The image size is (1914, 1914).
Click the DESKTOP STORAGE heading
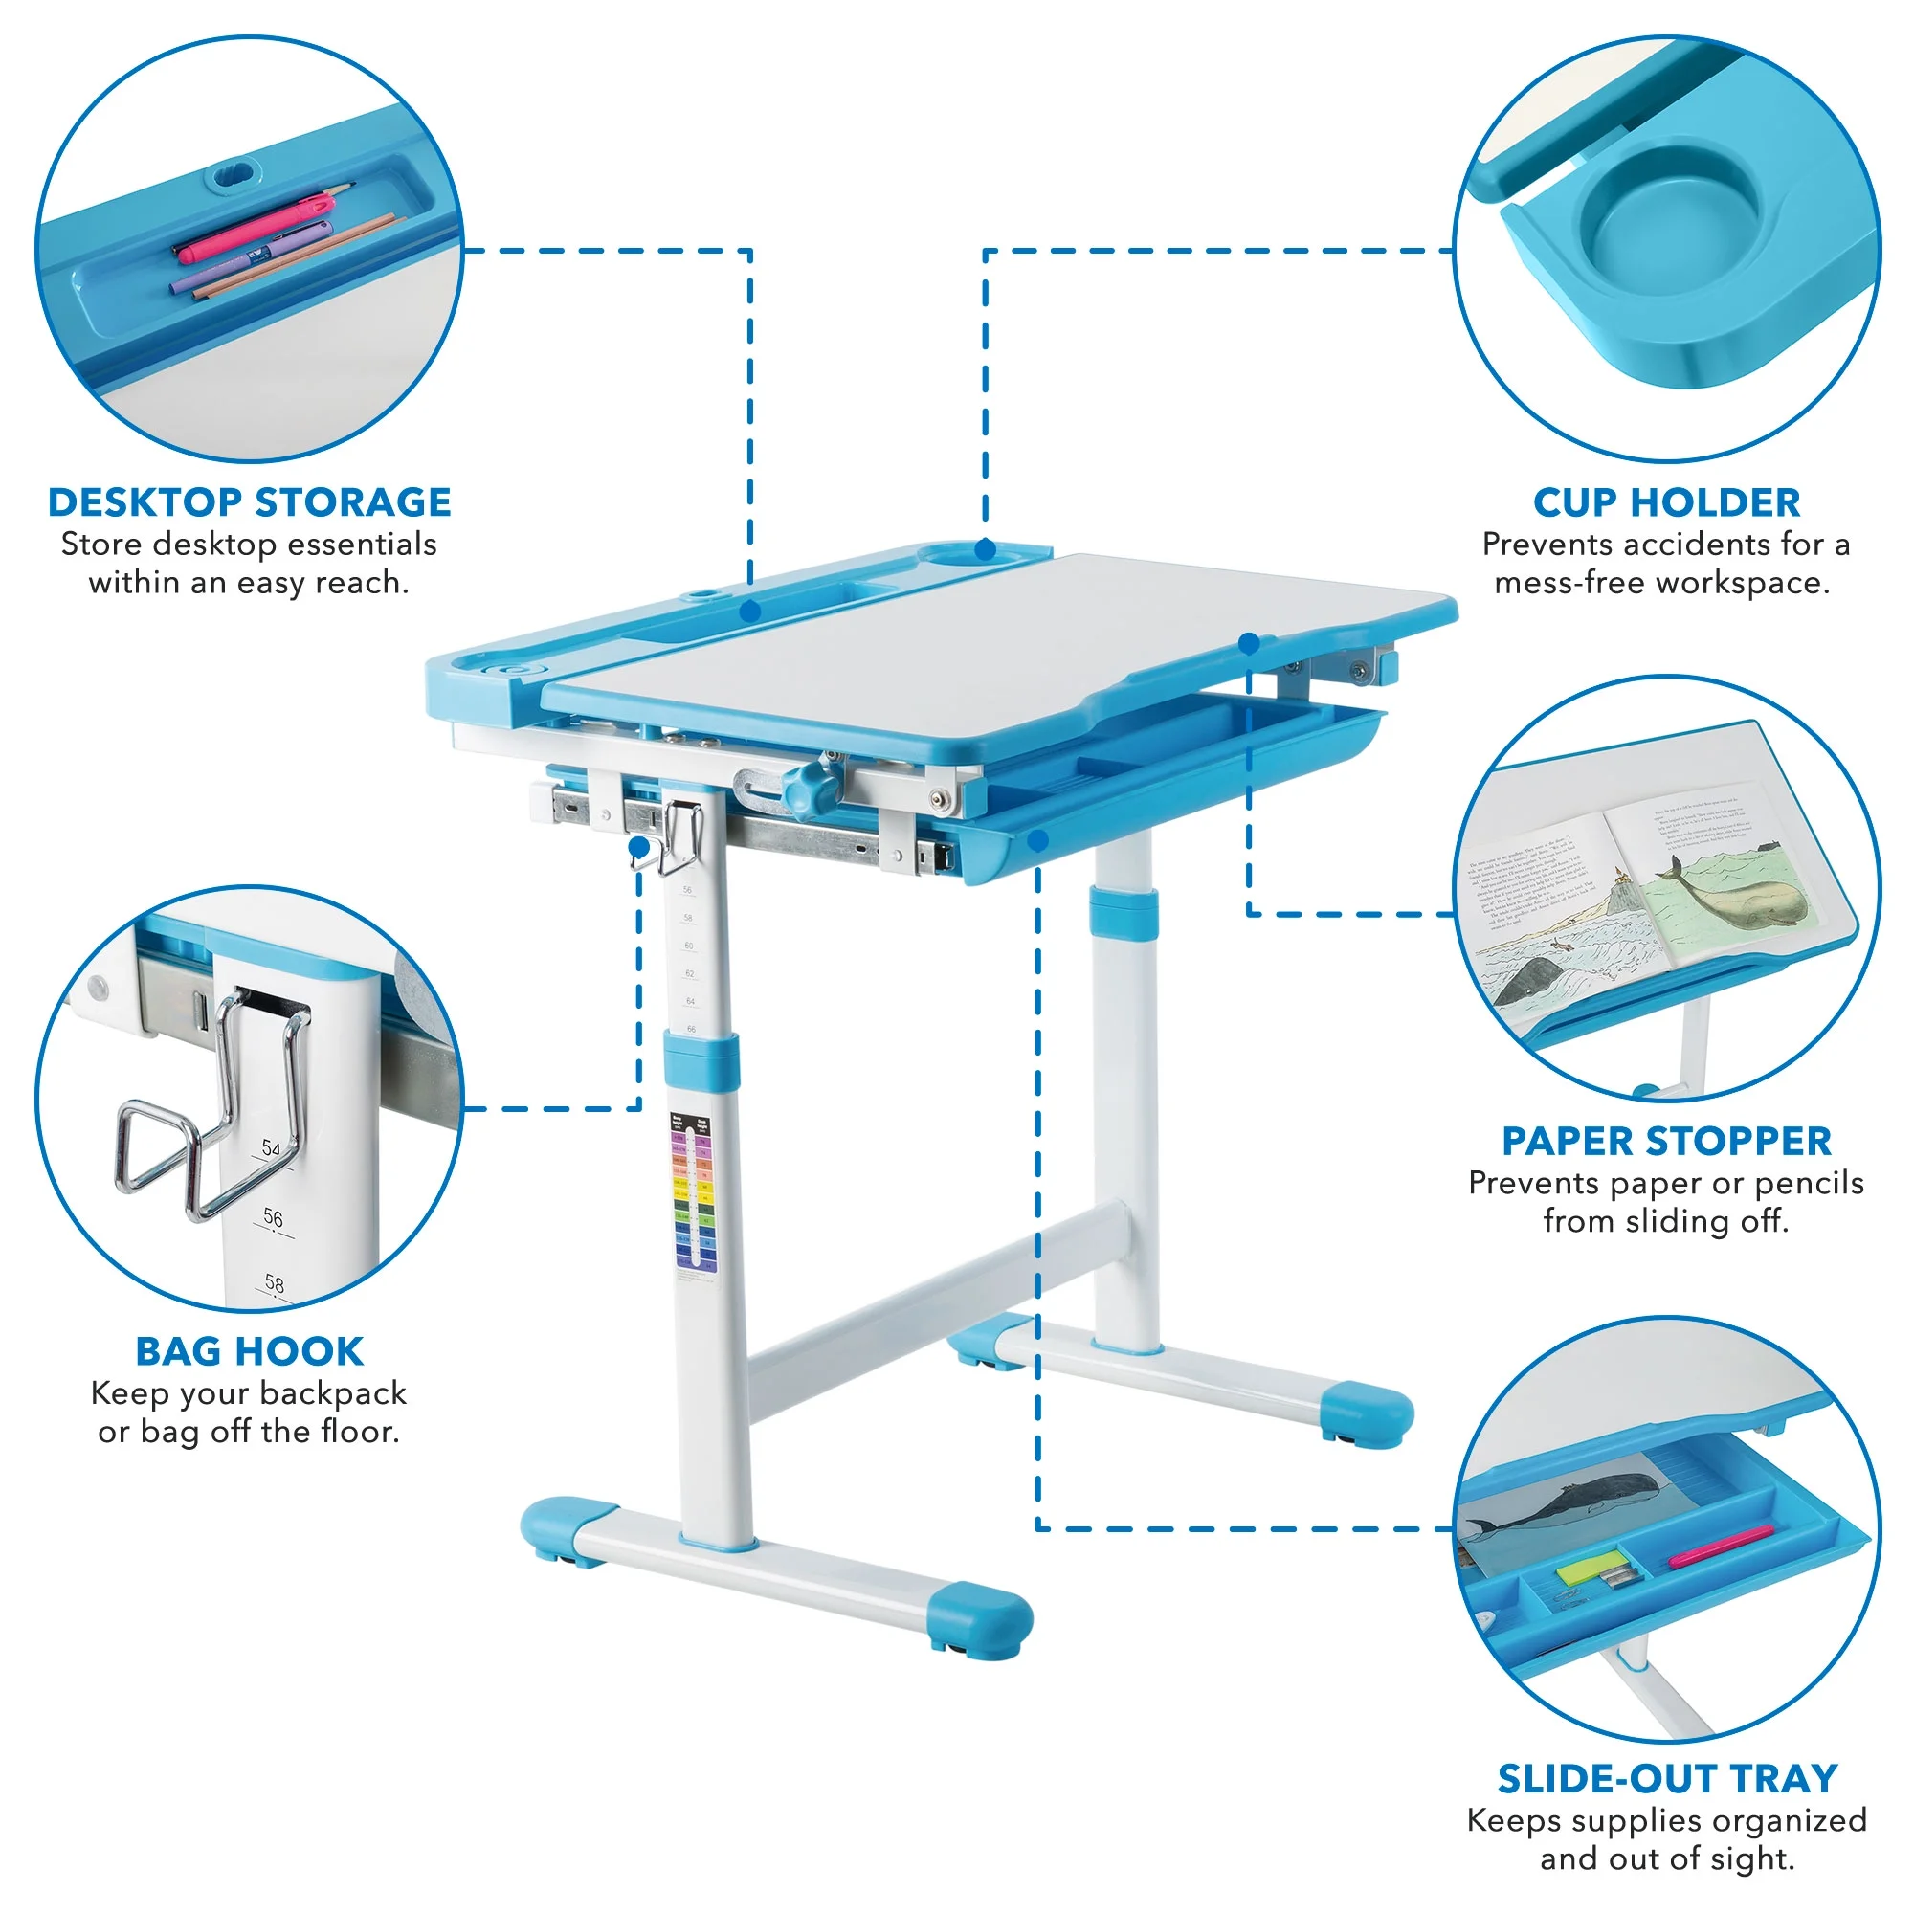click(249, 502)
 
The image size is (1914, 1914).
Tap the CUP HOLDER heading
click(1665, 502)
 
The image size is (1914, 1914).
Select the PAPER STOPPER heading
click(1665, 1142)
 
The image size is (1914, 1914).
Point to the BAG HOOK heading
click(249, 1351)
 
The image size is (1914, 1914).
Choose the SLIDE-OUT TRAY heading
click(1666, 1779)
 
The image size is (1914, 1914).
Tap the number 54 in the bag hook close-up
click(271, 1148)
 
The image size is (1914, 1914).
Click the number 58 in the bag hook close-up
click(275, 1284)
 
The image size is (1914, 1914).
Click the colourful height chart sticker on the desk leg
click(694, 1193)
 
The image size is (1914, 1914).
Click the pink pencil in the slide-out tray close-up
click(1720, 1547)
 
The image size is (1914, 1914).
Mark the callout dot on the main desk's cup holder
click(985, 548)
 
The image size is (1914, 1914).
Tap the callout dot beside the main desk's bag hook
click(639, 847)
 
